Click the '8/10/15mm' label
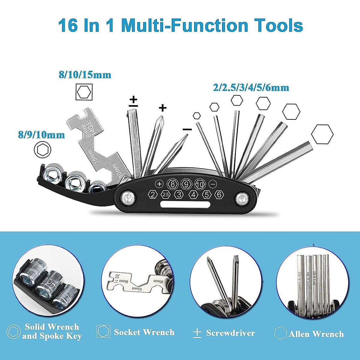(x=85, y=75)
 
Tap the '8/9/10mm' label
(x=41, y=135)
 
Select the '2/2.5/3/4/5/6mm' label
(x=251, y=88)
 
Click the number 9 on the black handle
(x=186, y=184)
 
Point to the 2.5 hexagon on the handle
(x=166, y=195)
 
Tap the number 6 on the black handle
(x=219, y=195)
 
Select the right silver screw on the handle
(x=242, y=199)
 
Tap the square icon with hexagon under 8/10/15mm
(x=84, y=92)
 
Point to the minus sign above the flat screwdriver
(x=187, y=129)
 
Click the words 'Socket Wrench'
(x=144, y=332)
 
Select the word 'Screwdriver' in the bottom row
(x=230, y=333)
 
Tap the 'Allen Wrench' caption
(x=316, y=334)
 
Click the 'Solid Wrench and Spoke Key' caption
(x=52, y=331)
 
